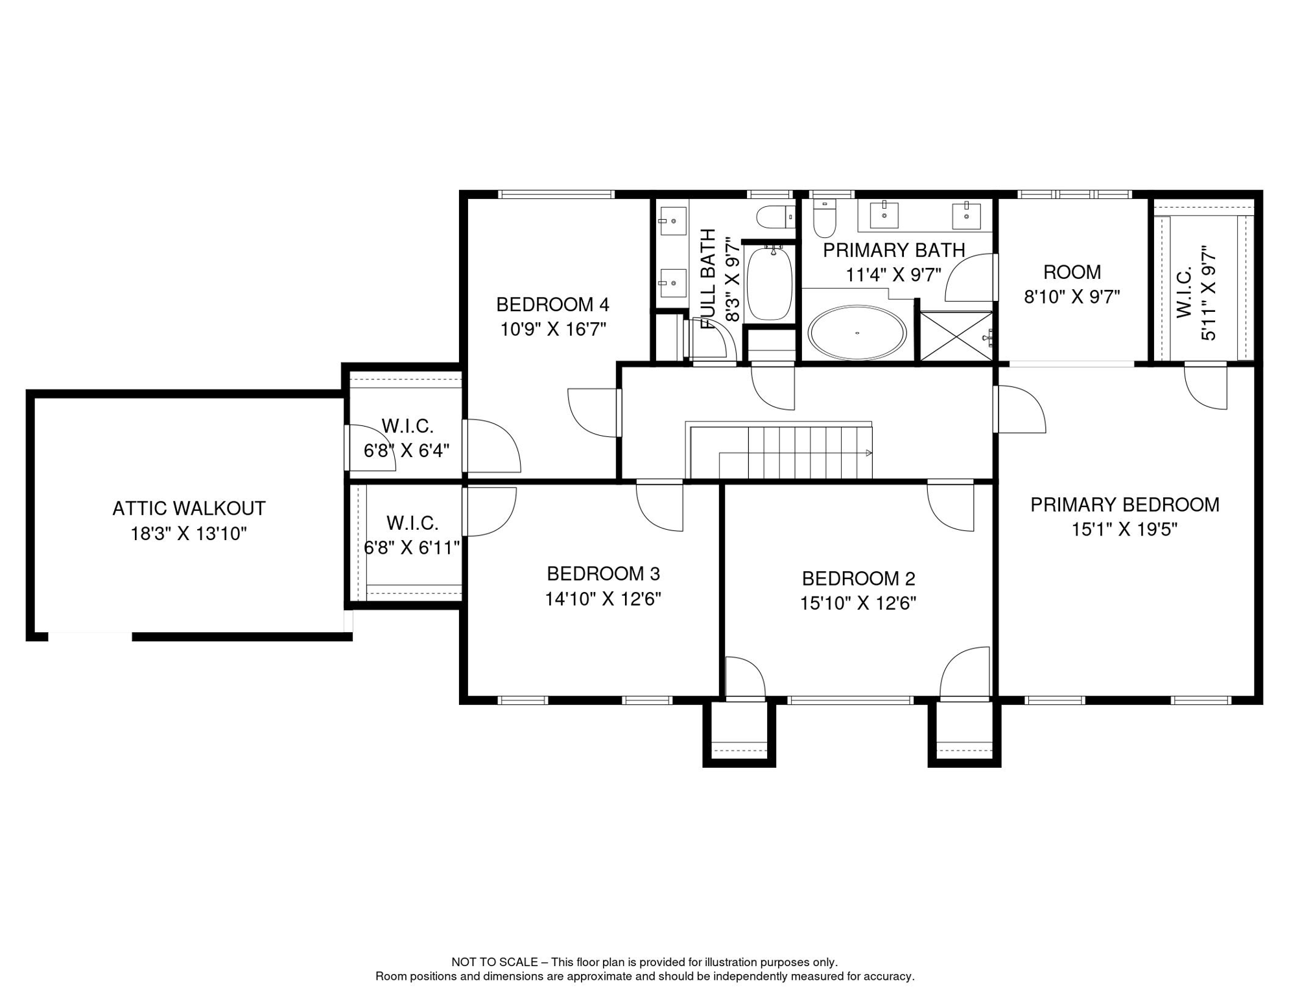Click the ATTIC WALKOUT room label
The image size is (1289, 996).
coord(189,508)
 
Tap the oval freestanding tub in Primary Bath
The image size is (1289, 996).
coord(857,333)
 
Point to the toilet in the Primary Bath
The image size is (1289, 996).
coord(825,219)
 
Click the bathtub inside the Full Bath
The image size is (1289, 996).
coord(770,283)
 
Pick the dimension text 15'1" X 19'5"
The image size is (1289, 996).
coord(1124,530)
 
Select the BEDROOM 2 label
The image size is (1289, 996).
coord(858,578)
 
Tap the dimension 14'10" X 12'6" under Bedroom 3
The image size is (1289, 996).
coord(602,599)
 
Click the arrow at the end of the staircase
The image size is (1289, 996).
coord(869,453)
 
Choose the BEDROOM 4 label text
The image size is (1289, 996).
coord(552,304)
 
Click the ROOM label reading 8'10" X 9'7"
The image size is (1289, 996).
coord(1072,272)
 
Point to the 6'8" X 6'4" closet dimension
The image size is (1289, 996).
coord(406,451)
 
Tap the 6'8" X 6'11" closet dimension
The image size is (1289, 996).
coord(411,548)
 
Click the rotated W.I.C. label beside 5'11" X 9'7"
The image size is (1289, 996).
coord(1184,292)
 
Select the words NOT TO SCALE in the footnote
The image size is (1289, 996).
coord(494,962)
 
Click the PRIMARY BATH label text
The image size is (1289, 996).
coord(893,250)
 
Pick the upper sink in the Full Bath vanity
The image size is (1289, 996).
coord(672,221)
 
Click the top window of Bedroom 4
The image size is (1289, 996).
coord(556,194)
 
